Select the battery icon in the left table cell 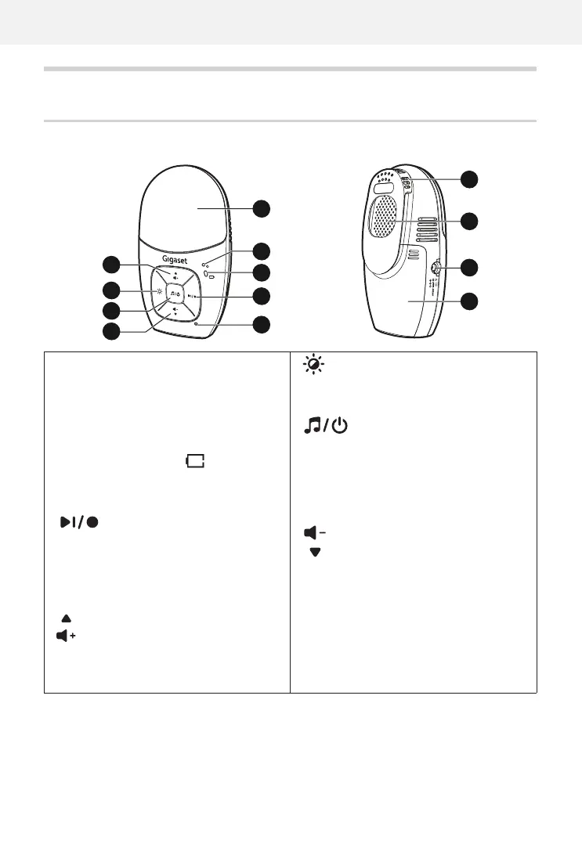click(x=193, y=463)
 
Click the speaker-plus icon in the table click(x=66, y=636)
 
